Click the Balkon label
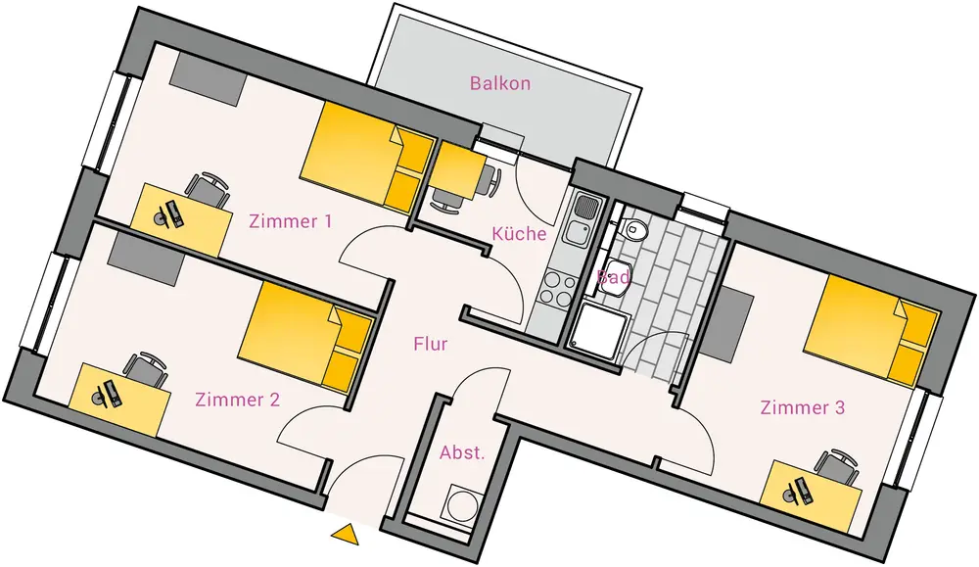[500, 83]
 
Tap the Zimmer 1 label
[290, 221]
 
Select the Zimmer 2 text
[238, 400]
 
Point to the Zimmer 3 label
[803, 407]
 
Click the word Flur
[431, 344]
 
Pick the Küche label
[519, 234]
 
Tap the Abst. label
[462, 453]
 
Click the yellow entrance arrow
[345, 534]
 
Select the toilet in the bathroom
[635, 230]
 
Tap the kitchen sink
[580, 221]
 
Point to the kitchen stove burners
[558, 286]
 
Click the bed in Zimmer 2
[305, 338]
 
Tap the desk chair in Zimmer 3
[837, 464]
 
